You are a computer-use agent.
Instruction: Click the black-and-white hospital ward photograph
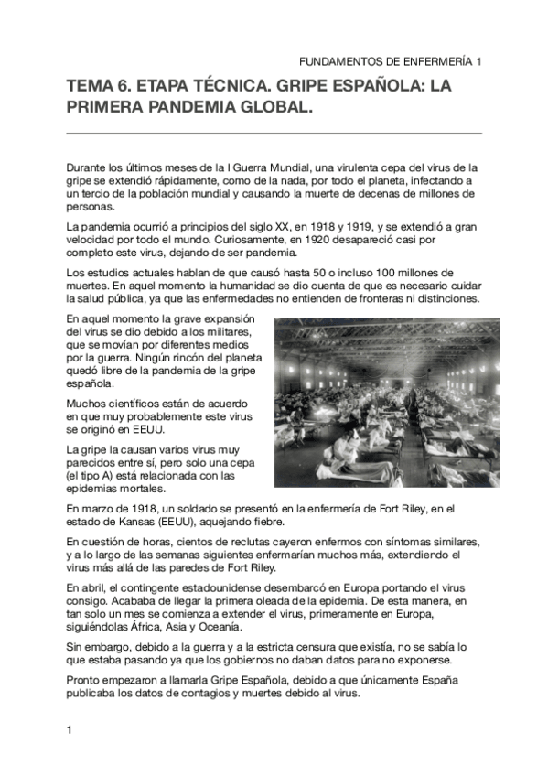[378, 404]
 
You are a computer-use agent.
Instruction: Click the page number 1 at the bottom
[70, 729]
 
